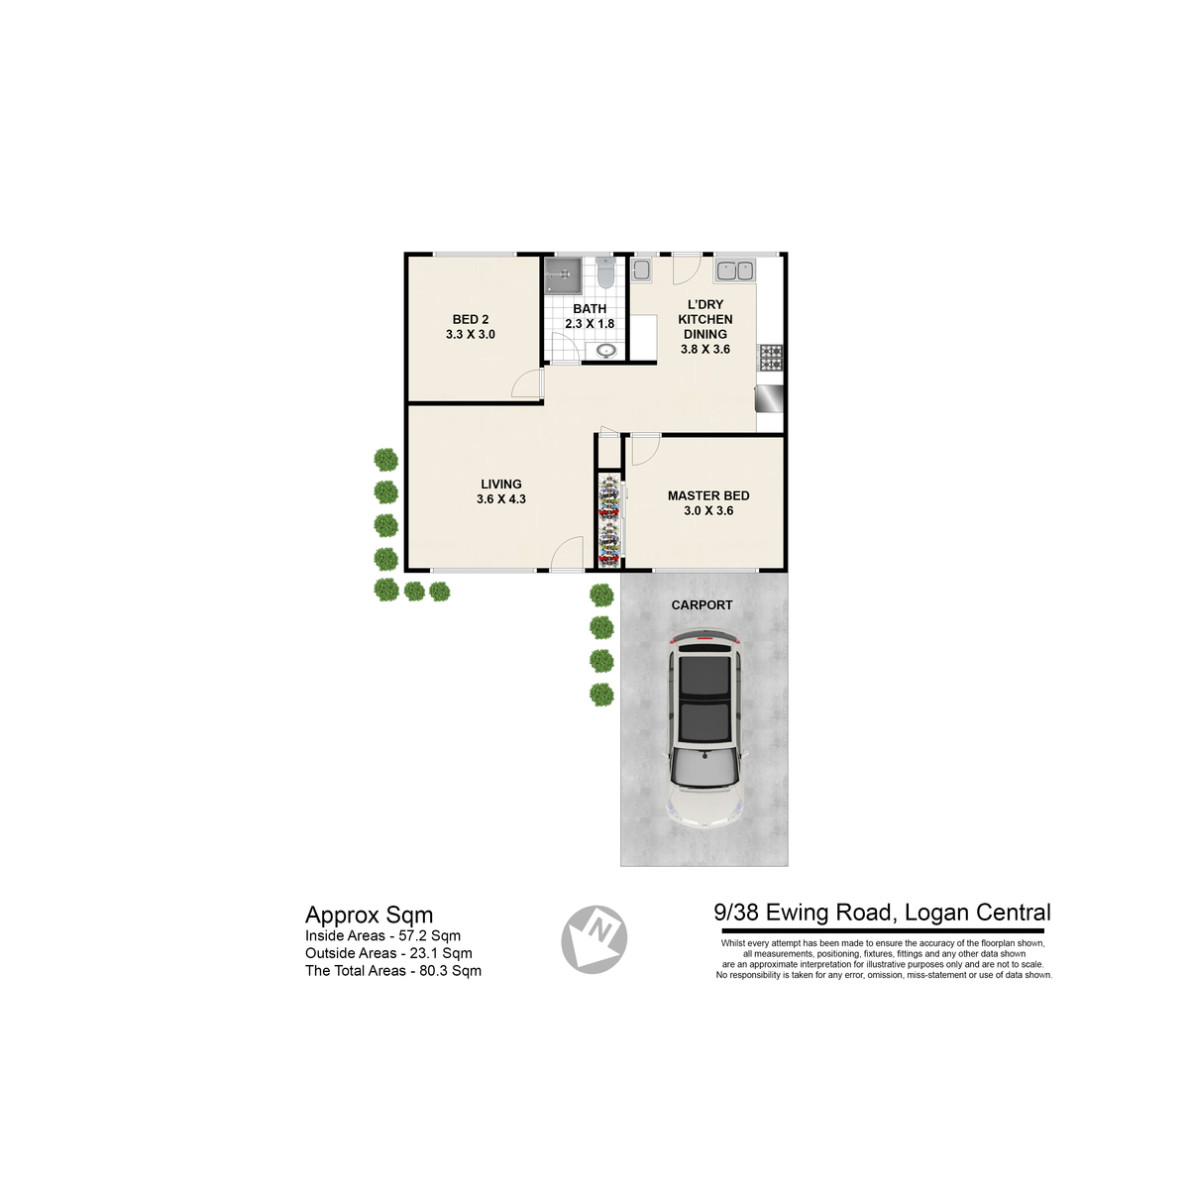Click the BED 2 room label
pyautogui.click(x=471, y=320)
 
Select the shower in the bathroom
pyautogui.click(x=563, y=275)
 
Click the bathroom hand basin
pyautogui.click(x=606, y=351)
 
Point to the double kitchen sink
pyautogui.click(x=734, y=270)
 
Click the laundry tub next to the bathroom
pyautogui.click(x=640, y=270)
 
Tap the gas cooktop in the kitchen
pyautogui.click(x=771, y=358)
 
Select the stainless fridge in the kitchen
pyautogui.click(x=769, y=398)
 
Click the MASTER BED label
pyautogui.click(x=708, y=495)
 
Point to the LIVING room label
pyautogui.click(x=501, y=485)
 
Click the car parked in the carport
pyautogui.click(x=704, y=728)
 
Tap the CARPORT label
pyautogui.click(x=703, y=605)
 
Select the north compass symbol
pyautogui.click(x=594, y=939)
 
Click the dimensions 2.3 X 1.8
pyautogui.click(x=590, y=323)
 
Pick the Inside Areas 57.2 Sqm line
pyautogui.click(x=382, y=935)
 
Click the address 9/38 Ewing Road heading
pyautogui.click(x=882, y=913)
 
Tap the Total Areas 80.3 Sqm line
pyautogui.click(x=393, y=971)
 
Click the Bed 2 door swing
pyautogui.click(x=526, y=383)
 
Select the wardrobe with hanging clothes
pyautogui.click(x=609, y=519)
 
